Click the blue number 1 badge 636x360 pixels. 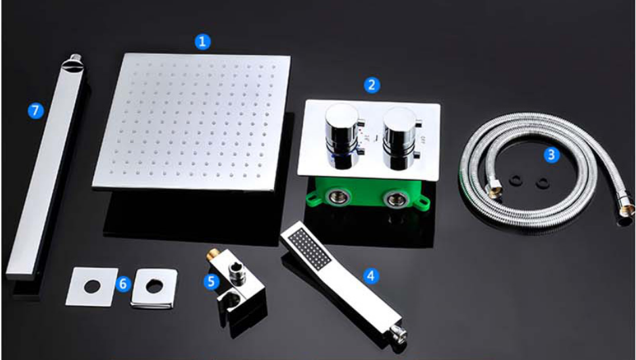(x=202, y=42)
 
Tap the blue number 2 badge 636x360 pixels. (x=371, y=85)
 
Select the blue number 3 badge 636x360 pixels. (x=551, y=155)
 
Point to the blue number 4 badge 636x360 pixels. (x=371, y=276)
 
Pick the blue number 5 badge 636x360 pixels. (x=211, y=281)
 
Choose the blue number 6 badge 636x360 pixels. (x=123, y=284)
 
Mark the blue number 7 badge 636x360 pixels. (x=36, y=110)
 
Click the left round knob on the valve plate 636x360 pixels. (x=342, y=135)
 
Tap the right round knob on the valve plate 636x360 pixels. (x=400, y=138)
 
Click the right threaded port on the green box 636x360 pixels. (x=394, y=199)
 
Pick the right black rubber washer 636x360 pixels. (x=542, y=182)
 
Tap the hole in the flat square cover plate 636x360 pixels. (x=92, y=286)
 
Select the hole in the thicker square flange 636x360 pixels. (x=154, y=286)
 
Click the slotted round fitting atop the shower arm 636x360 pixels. (x=73, y=64)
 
